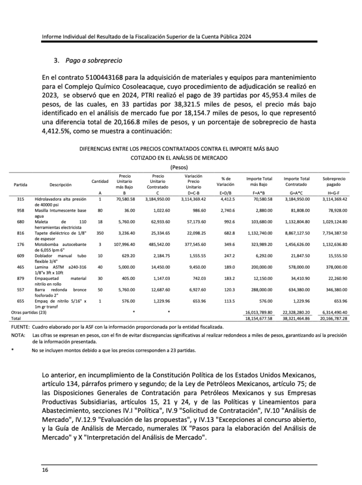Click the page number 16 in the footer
coord(45,469)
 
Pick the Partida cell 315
coord(20,199)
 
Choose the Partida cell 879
coord(20,278)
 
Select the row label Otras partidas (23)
coord(28,312)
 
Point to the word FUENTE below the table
coord(19,327)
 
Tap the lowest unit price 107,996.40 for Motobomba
coord(124,244)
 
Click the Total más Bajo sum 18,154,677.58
coord(260,319)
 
